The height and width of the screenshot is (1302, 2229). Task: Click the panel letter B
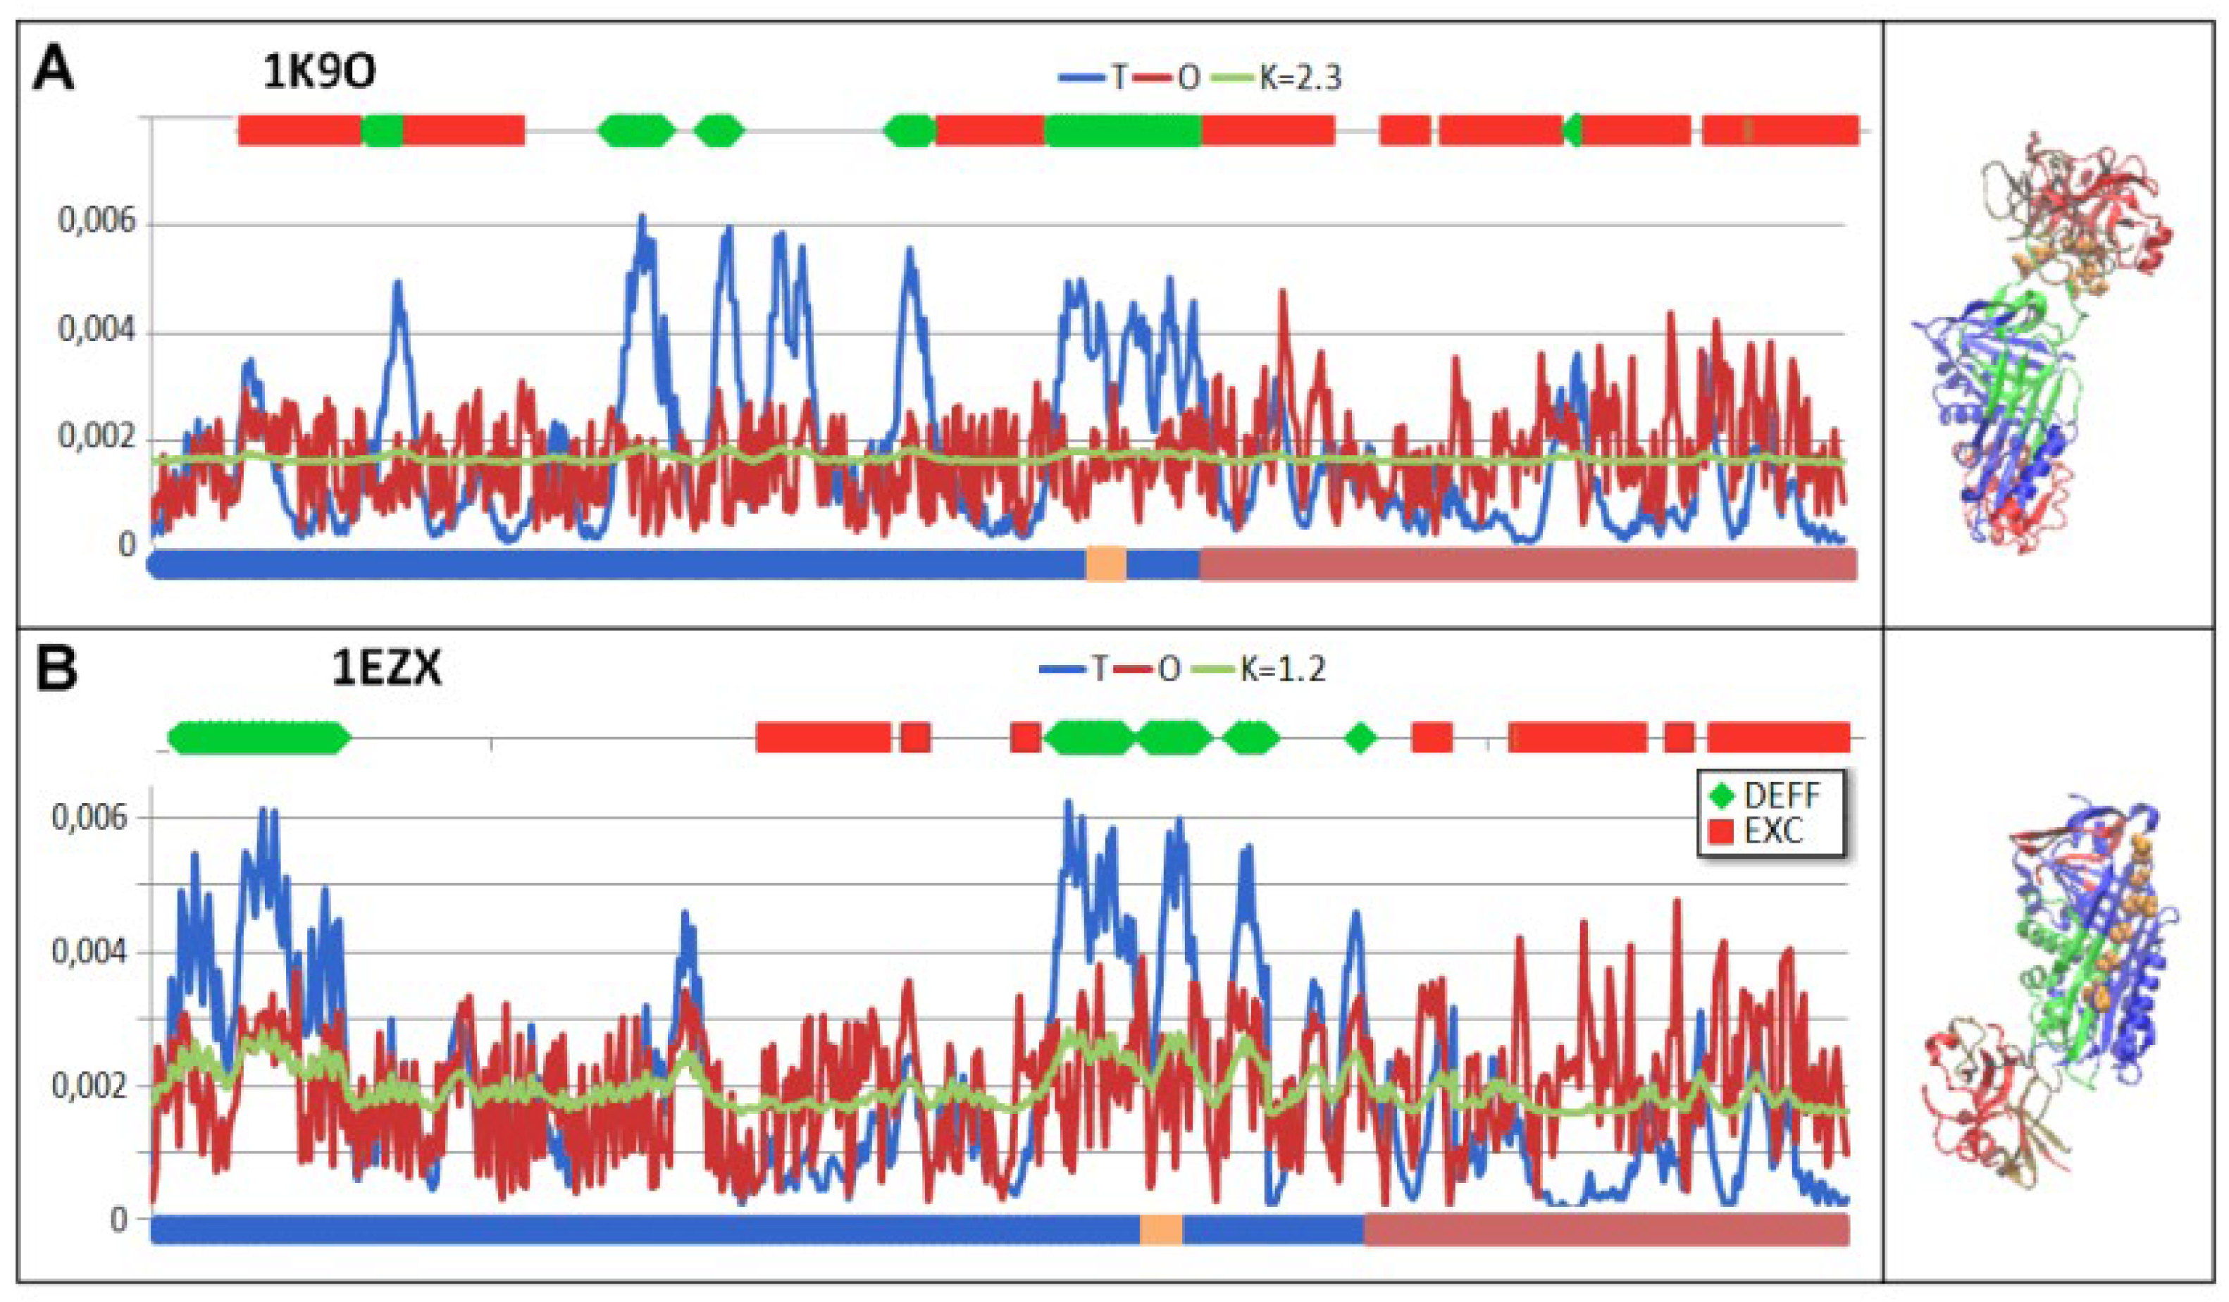click(56, 669)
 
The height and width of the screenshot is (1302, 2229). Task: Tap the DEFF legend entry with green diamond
click(1765, 795)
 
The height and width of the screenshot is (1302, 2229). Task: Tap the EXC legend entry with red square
click(1761, 831)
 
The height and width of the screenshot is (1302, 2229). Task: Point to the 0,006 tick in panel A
click(97, 221)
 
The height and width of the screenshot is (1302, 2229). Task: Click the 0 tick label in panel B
click(118, 1220)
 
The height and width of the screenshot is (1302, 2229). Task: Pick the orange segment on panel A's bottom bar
click(1105, 564)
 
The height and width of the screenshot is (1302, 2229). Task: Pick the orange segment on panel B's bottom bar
click(1160, 1229)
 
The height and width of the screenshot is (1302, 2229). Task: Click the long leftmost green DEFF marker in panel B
click(259, 737)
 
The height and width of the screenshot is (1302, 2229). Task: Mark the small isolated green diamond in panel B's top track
click(1360, 737)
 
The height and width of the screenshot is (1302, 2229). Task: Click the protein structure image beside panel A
click(2043, 345)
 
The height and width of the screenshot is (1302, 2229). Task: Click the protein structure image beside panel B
click(2052, 1000)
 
